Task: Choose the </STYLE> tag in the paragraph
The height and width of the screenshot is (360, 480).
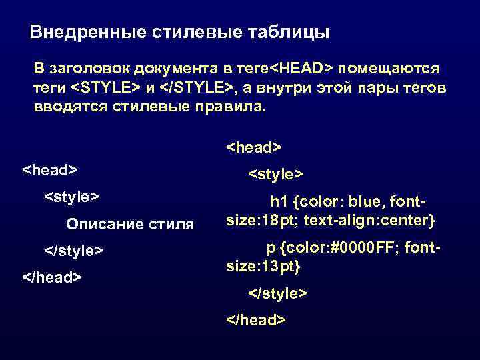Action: (x=193, y=87)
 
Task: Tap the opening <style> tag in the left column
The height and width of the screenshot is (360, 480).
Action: (x=71, y=197)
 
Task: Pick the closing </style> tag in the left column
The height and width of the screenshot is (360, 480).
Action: (x=73, y=251)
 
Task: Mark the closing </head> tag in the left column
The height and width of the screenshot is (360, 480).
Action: (x=53, y=276)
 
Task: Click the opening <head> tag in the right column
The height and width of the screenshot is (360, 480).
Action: (x=255, y=146)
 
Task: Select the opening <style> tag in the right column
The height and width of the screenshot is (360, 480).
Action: (x=276, y=174)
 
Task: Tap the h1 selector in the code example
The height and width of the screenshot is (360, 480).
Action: (x=277, y=201)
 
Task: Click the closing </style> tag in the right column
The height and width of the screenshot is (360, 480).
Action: (x=277, y=293)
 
